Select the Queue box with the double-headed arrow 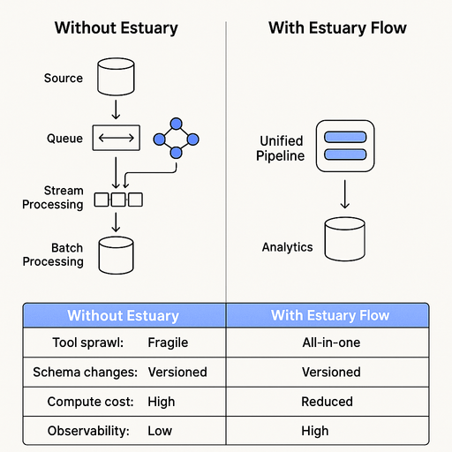[115, 139]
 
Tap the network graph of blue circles [176, 139]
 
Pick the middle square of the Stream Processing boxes [117, 200]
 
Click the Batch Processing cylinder [116, 254]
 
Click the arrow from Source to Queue [116, 109]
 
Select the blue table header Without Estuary [124, 315]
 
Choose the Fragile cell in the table [168, 343]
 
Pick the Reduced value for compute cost [328, 402]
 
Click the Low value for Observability [160, 431]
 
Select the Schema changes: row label [86, 372]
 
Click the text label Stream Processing [64, 198]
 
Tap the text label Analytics [287, 247]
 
